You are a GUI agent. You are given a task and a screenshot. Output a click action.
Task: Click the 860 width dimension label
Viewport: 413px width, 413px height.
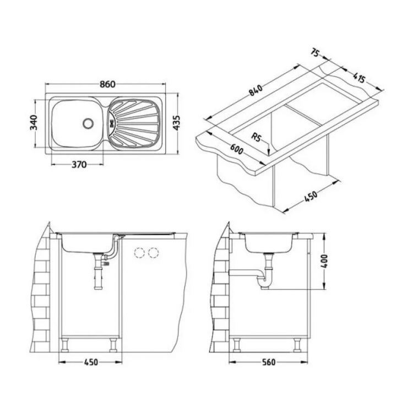click(x=108, y=84)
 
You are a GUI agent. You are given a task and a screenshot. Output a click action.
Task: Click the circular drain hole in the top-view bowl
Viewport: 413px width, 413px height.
click(x=88, y=123)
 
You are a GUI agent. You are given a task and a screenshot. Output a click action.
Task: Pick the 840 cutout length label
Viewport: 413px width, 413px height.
click(x=254, y=90)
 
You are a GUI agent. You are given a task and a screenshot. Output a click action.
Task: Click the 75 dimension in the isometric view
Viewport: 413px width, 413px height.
click(x=316, y=53)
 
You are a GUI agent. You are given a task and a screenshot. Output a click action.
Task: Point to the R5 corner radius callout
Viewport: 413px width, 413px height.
click(x=256, y=137)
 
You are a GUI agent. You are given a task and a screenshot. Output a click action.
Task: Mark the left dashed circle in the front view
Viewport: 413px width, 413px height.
click(x=139, y=253)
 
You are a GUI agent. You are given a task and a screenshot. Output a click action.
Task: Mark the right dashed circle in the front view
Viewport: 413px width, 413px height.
click(x=153, y=253)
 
